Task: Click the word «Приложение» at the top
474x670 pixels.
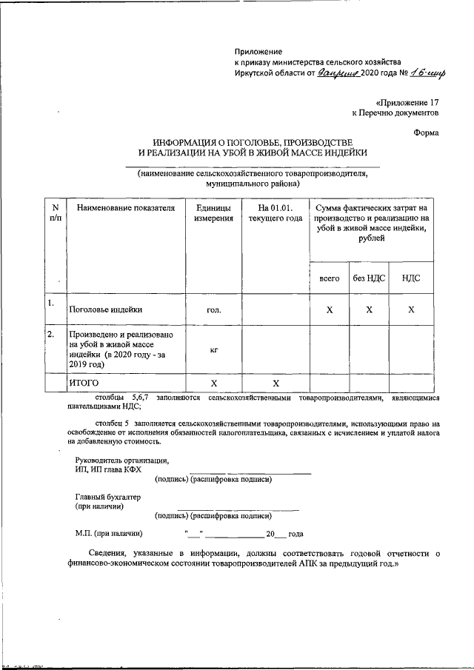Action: click(258, 51)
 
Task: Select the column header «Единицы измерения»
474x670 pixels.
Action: click(213, 214)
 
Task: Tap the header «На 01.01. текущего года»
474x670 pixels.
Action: click(276, 214)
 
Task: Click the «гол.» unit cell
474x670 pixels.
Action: click(213, 310)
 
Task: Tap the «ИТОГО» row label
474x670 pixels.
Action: click(84, 383)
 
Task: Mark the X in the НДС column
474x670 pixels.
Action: click(411, 310)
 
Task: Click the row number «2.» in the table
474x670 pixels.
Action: click(50, 335)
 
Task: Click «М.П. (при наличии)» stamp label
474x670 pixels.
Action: click(109, 533)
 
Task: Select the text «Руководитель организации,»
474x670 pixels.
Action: click(121, 460)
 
